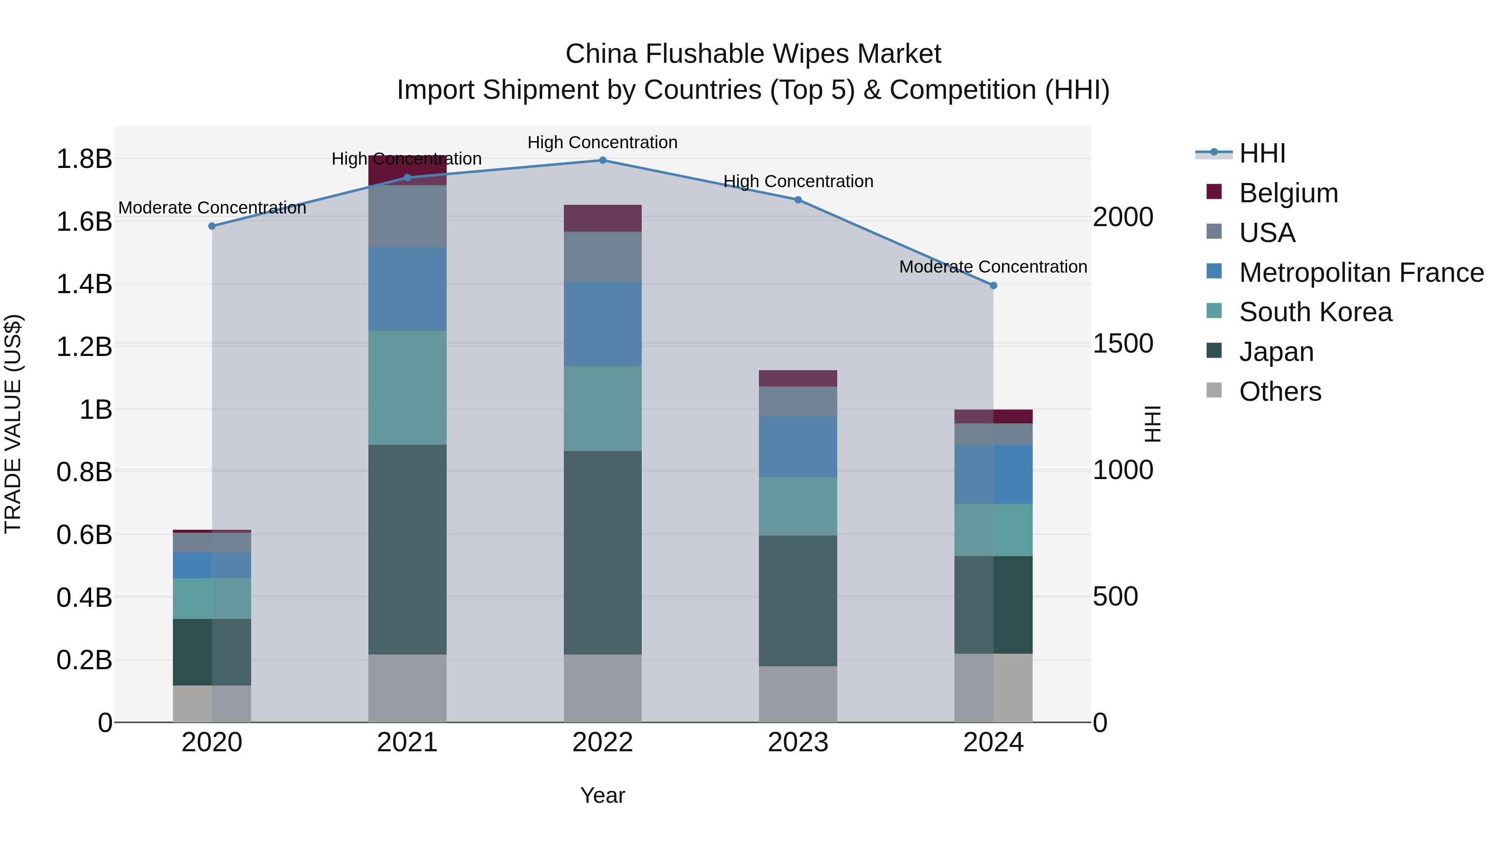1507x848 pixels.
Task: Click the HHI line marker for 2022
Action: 602,160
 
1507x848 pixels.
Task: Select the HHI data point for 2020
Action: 212,226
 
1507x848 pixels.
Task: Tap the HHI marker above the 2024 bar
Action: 993,286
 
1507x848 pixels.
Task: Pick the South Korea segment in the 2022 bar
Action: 602,408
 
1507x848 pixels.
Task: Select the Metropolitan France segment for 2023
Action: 798,446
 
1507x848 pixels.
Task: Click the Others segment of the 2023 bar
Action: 798,694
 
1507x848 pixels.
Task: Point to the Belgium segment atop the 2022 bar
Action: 602,218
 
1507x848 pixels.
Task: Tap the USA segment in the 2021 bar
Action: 407,216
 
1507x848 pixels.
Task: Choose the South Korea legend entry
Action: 1315,312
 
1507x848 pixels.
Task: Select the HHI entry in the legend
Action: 1262,153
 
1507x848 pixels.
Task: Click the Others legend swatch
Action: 1214,390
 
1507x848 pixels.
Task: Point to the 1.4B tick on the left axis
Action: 84,284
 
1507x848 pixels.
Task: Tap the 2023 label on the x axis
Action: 798,742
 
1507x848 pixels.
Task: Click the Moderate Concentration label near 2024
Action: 993,267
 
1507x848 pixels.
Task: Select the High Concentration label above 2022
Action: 602,142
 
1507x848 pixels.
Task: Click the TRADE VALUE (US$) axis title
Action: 13,424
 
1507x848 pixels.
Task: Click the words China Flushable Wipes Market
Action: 753,54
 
